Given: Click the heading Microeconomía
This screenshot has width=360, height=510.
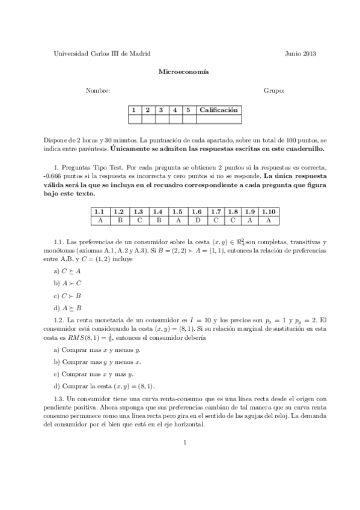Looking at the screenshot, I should coord(183,72).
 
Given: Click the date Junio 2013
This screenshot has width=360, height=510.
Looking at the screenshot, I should coord(301,53).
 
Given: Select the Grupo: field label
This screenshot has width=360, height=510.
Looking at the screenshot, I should coord(273,91).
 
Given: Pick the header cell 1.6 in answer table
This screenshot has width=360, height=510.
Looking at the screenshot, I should coord(197,212).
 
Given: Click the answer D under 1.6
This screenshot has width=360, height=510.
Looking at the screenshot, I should coord(197,220).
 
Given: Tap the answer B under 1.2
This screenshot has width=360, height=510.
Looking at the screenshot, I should coord(119,220).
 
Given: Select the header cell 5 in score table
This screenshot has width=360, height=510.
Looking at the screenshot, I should coord(188,110).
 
